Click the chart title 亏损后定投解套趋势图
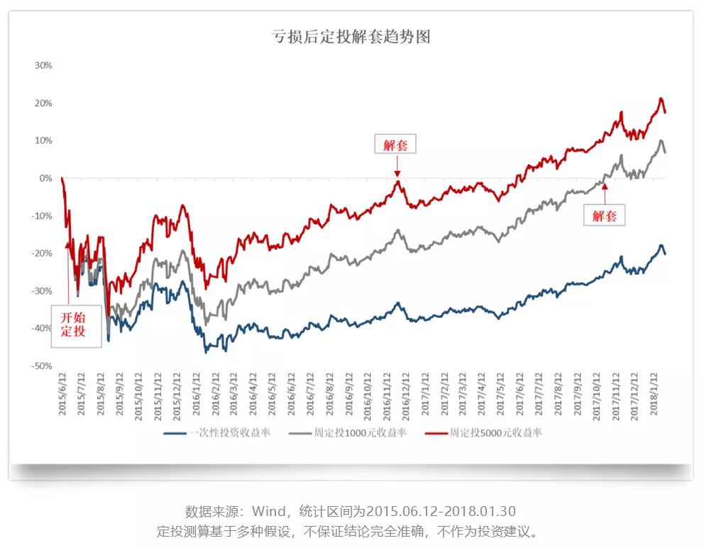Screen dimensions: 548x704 351,37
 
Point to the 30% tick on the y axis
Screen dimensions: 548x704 43,65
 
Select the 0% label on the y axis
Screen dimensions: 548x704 45,178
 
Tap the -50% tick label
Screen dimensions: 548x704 42,366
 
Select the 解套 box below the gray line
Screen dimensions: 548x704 604,215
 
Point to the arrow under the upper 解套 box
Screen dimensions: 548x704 397,166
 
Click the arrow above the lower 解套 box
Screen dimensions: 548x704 604,192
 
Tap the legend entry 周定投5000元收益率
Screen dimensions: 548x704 483,433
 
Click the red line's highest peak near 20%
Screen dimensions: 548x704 661,99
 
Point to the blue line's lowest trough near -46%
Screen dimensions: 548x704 207,351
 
